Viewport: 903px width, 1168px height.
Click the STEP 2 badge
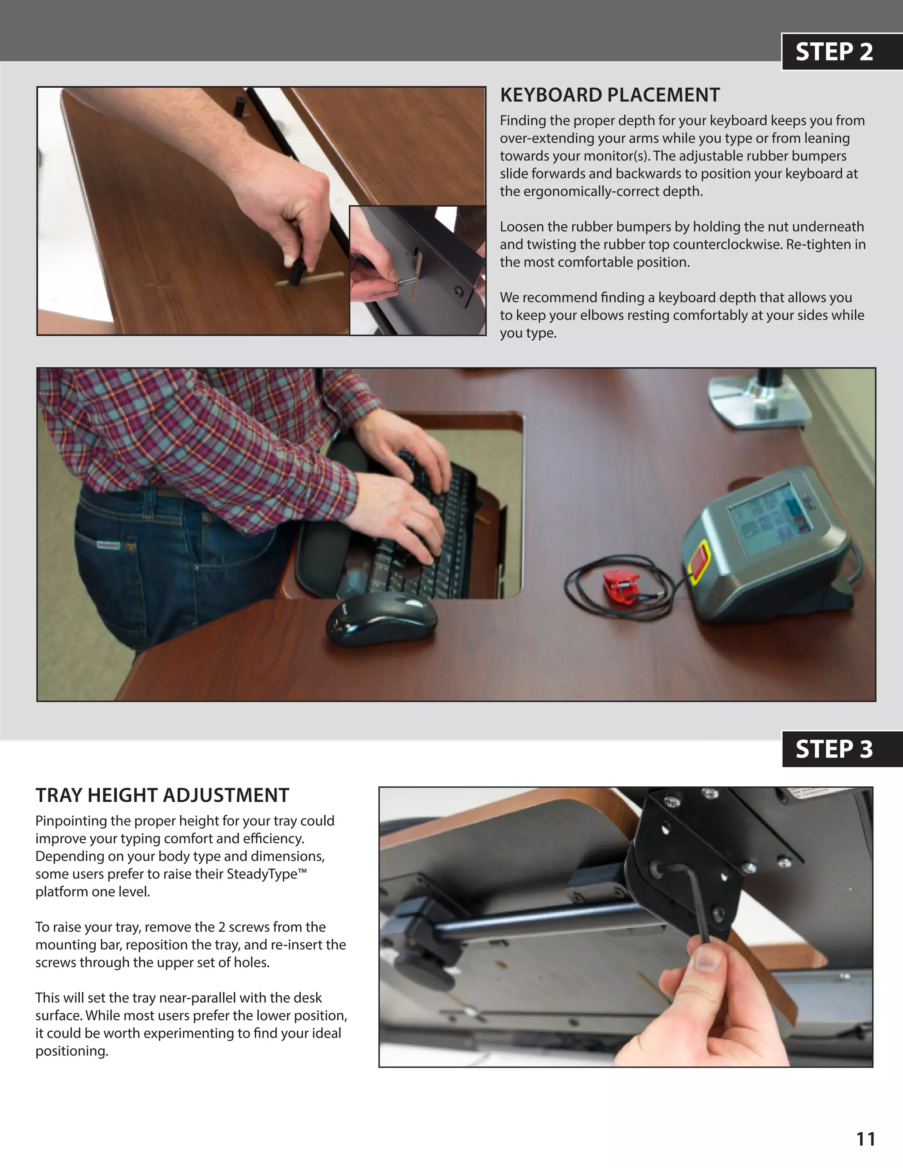[x=833, y=52]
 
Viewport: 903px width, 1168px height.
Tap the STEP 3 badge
[x=833, y=749]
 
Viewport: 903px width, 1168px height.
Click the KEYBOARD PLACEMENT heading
[x=609, y=95]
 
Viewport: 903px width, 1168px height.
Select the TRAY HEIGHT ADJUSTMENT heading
[x=162, y=795]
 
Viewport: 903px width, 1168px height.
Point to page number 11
[x=866, y=1139]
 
